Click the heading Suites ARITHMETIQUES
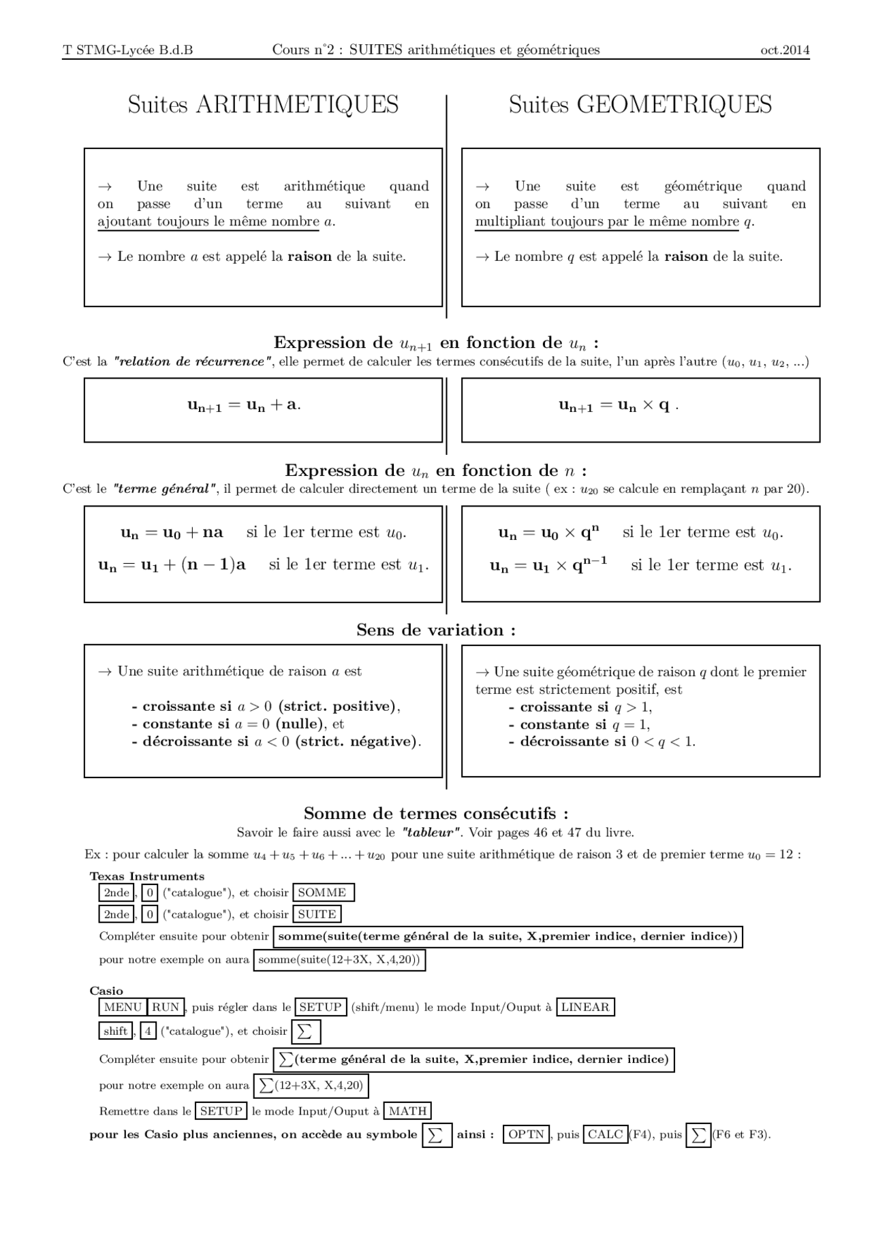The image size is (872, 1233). [x=263, y=104]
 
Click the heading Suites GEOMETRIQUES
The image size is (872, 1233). [x=640, y=104]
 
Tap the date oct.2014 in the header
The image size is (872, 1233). [x=785, y=50]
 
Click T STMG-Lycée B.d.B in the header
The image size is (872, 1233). [x=128, y=50]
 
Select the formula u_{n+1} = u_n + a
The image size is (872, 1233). [x=244, y=405]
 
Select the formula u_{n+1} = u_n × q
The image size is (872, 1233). [x=618, y=406]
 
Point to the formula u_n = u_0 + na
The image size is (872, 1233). [x=172, y=532]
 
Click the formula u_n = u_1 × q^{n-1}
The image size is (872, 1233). [x=548, y=565]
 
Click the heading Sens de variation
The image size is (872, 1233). [x=436, y=630]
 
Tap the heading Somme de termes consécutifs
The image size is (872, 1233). [x=436, y=814]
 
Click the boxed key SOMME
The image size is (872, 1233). [x=322, y=893]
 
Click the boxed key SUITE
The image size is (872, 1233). [x=317, y=914]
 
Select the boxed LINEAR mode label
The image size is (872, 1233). [x=585, y=1007]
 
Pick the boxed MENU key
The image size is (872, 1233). [x=123, y=1007]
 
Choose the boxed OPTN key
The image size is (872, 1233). [x=526, y=1134]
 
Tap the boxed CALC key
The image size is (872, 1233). [x=605, y=1134]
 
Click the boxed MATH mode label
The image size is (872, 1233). [x=407, y=1111]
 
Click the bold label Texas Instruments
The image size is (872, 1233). [x=147, y=876]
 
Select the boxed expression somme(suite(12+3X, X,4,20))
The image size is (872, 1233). [x=339, y=960]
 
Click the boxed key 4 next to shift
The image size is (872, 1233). [x=149, y=1031]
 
